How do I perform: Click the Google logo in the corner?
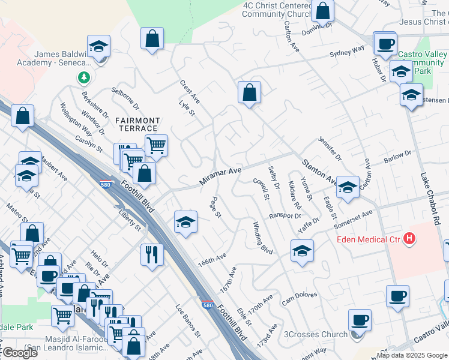point(20,353)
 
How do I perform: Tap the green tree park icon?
point(83,77)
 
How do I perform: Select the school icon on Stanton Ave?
point(347,187)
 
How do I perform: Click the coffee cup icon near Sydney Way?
point(385,43)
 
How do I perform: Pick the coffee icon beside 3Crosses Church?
point(359,320)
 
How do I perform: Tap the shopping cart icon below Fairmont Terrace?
point(155,144)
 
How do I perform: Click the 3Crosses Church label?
point(316,334)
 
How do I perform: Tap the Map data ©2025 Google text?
point(412,355)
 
